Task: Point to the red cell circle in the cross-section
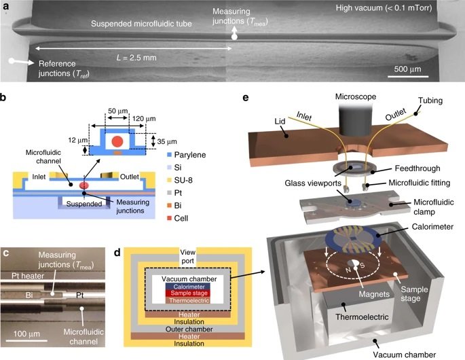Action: [x=117, y=142]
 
